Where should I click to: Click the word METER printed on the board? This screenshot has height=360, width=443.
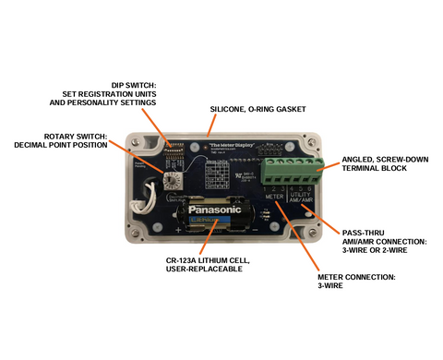coord(274,197)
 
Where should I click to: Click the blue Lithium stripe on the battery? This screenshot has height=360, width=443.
coord(213,221)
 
